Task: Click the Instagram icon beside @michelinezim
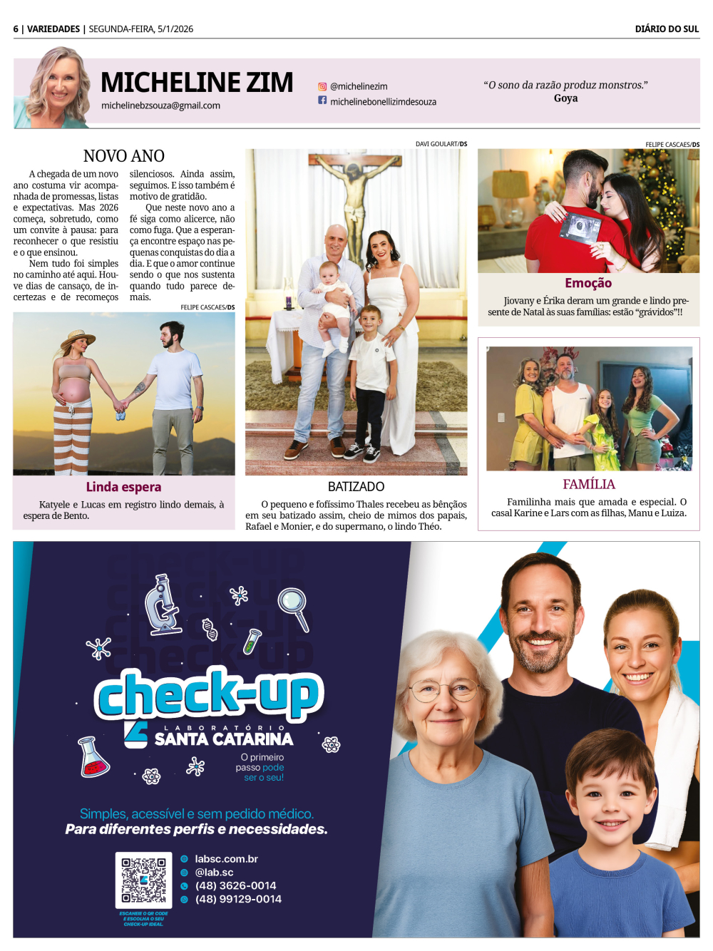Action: coord(322,86)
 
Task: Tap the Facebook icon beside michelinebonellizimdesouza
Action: coord(322,101)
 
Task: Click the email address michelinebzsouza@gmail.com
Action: coord(160,106)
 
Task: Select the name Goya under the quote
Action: coord(565,98)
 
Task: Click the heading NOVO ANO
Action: coord(124,156)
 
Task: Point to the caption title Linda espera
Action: coord(123,487)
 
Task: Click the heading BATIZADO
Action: coord(356,487)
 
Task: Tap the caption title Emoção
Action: coord(588,283)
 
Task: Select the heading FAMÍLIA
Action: coord(588,485)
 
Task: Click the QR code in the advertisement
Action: coord(143,880)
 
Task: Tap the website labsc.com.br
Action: coord(226,859)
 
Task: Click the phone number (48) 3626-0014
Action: coord(235,885)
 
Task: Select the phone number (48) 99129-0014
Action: coord(238,899)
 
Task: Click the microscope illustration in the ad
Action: coord(163,605)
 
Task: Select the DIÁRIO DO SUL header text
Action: coord(667,29)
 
